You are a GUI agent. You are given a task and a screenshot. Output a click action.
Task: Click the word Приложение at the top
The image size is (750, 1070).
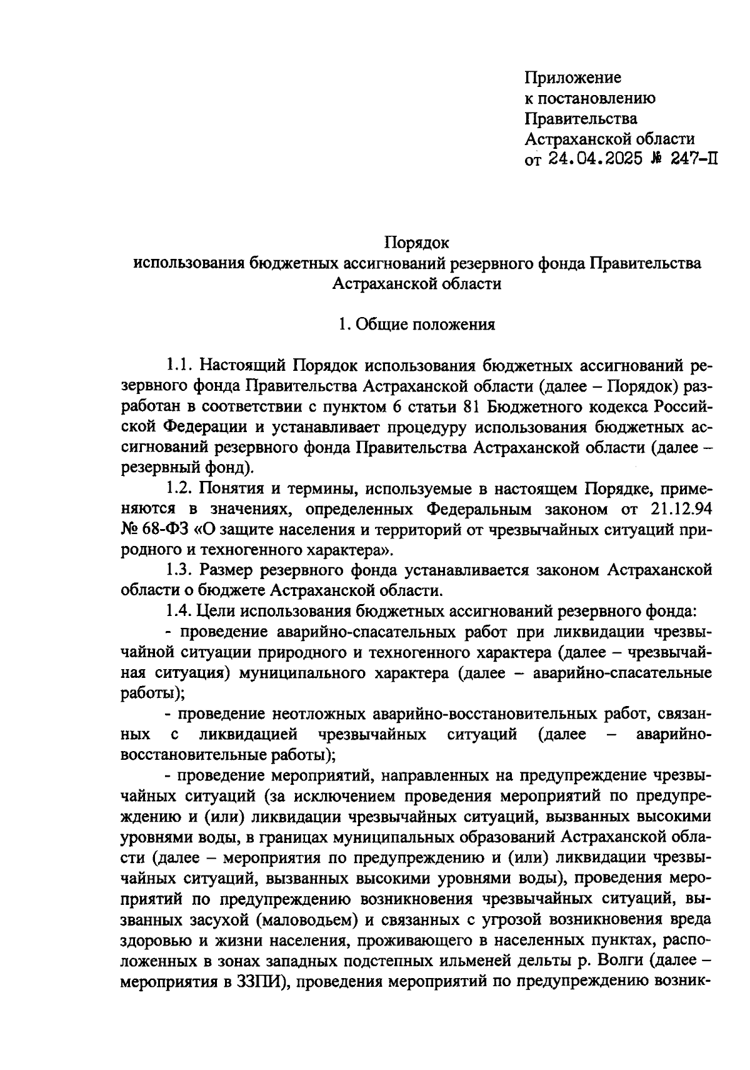pos(572,78)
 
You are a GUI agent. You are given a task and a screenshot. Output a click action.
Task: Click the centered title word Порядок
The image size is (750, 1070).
pos(416,242)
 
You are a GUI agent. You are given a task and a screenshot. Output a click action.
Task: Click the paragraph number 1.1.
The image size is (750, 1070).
pos(181,365)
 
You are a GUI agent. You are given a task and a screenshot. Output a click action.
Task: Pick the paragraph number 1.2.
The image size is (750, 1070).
pos(181,488)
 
